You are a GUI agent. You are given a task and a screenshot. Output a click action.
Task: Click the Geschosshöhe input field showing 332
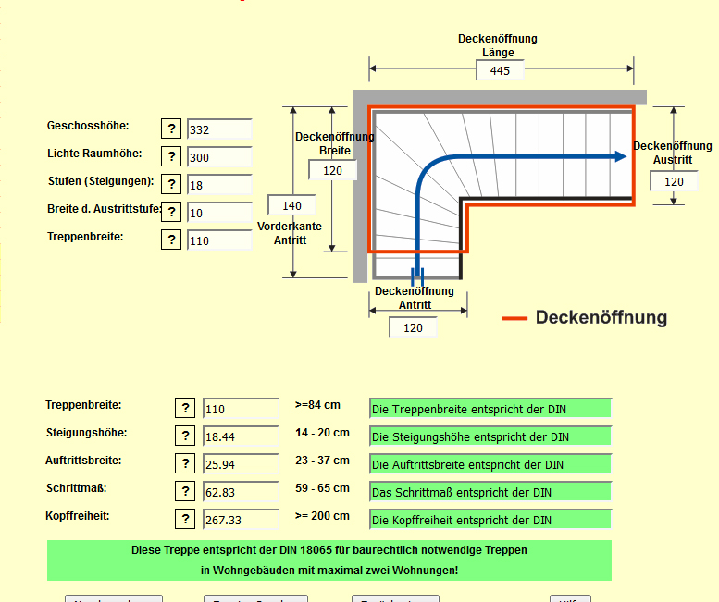click(x=219, y=129)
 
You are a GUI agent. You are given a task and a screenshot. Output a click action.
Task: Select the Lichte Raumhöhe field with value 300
click(x=219, y=157)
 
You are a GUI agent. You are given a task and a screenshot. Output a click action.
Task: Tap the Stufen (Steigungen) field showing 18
click(x=219, y=185)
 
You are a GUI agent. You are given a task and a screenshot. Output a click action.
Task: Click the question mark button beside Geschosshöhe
click(x=171, y=129)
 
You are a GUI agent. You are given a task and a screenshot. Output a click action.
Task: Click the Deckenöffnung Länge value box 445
click(x=500, y=71)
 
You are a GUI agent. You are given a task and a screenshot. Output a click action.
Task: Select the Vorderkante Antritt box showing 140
click(x=291, y=205)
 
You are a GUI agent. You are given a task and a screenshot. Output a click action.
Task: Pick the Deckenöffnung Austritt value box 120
click(x=674, y=181)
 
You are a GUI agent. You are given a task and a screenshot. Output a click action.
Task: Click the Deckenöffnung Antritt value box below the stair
click(x=413, y=327)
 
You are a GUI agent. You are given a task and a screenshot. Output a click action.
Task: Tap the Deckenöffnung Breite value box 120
click(x=332, y=170)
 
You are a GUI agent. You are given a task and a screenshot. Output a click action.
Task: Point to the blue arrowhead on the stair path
click(x=619, y=157)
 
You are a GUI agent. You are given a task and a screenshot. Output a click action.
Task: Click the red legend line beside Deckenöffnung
click(x=514, y=318)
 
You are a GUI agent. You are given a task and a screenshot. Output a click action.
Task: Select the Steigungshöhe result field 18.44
click(x=241, y=436)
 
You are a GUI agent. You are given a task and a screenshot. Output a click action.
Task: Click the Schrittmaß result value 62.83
click(x=241, y=492)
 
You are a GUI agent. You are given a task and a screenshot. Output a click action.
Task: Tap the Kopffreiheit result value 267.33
click(x=241, y=520)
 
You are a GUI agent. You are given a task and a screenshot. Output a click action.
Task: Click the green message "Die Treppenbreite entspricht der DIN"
click(x=490, y=409)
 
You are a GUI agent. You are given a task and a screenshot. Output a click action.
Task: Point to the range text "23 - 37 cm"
click(x=323, y=461)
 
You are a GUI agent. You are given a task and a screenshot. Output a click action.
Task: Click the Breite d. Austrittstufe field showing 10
click(x=219, y=213)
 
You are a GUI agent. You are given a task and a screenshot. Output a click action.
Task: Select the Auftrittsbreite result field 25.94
click(x=241, y=464)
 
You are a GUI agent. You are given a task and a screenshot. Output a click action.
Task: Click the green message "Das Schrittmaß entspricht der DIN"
click(x=490, y=492)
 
